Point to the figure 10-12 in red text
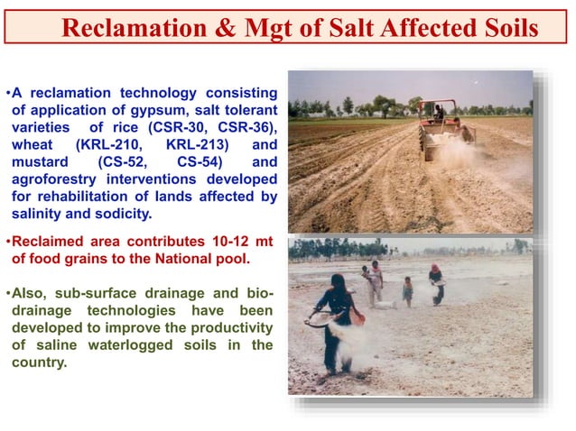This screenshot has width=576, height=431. [x=223, y=243]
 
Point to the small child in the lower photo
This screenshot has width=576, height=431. [x=408, y=290]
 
